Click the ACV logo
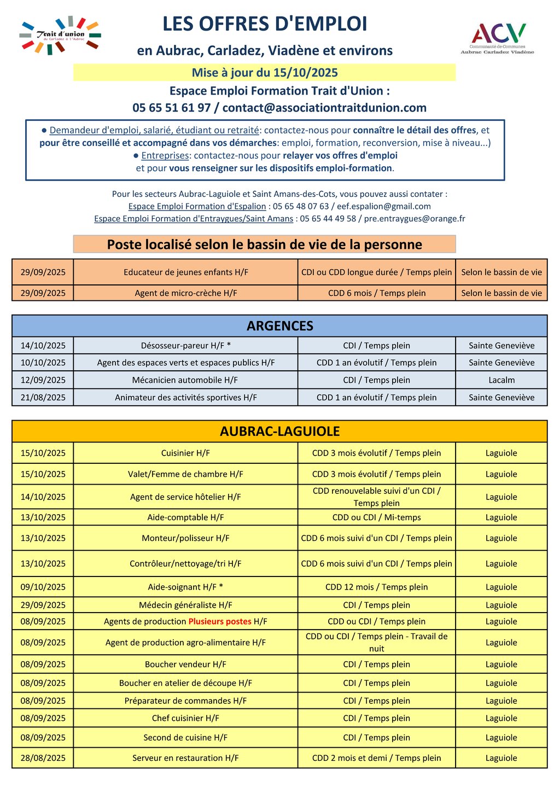[498, 37]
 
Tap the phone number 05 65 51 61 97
[171, 108]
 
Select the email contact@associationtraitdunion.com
[324, 108]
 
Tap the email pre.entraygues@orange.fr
[415, 219]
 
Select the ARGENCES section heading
[279, 326]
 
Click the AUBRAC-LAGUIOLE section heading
[279, 432]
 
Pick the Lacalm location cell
[501, 380]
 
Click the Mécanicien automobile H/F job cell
[185, 380]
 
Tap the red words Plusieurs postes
[220, 622]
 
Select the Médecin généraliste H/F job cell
[185, 605]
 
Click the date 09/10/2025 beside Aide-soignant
[43, 587]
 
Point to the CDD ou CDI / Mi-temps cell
[376, 517]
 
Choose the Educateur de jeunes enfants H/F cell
[185, 272]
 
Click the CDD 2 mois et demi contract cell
[376, 758]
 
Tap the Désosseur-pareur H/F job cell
[185, 346]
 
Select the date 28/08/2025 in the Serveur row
[43, 758]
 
